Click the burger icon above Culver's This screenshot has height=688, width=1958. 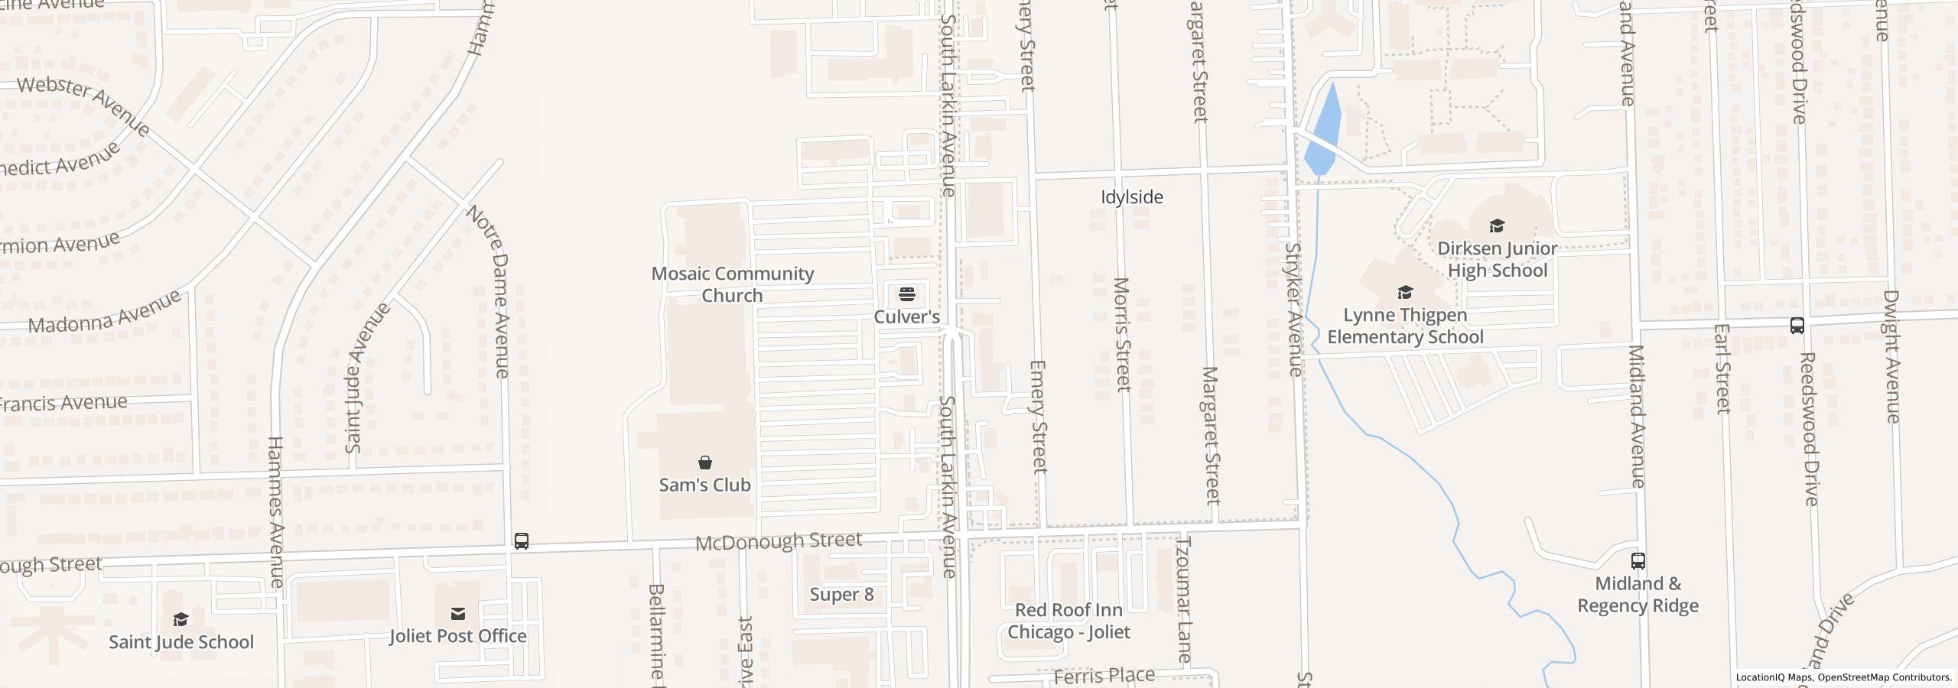click(907, 294)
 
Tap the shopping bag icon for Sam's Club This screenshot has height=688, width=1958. click(705, 462)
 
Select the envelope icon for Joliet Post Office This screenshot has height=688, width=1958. click(458, 614)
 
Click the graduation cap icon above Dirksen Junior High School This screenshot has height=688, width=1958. click(1497, 226)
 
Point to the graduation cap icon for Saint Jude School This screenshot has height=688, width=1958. click(181, 619)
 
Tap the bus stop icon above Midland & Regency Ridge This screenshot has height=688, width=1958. click(1638, 561)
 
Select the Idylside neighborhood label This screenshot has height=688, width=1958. click(1131, 197)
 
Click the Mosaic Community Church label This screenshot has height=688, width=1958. click(732, 284)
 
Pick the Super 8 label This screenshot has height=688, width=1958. click(841, 595)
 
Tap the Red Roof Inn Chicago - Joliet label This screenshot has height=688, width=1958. click(1068, 621)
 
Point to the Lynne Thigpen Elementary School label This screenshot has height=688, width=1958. click(1405, 326)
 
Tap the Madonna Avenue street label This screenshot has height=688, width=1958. click(105, 313)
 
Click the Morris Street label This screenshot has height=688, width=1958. click(1122, 335)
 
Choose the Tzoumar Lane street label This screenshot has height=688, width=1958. click(1183, 599)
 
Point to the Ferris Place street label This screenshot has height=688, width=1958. click(1104, 676)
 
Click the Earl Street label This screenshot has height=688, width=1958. click(1722, 368)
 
